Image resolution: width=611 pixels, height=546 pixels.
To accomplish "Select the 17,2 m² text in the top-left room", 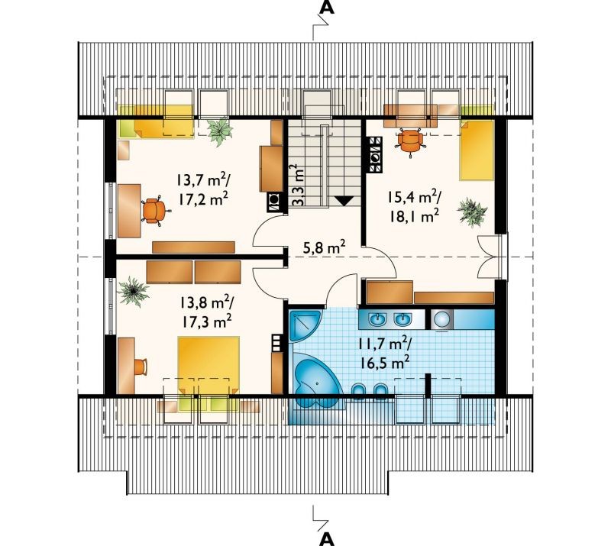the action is [203, 199].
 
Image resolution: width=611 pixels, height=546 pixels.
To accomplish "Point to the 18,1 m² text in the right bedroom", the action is [415, 215].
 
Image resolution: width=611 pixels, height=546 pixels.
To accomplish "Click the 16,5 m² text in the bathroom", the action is [384, 363].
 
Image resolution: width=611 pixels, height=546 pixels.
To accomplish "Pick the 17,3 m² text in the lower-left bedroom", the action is [206, 321].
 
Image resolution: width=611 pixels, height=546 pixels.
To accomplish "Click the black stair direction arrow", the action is [344, 200].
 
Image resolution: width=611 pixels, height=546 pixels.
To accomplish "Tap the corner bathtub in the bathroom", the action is [315, 380].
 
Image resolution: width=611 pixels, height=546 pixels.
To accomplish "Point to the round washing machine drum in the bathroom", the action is [442, 319].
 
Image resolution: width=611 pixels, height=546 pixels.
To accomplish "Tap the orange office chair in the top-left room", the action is [156, 211].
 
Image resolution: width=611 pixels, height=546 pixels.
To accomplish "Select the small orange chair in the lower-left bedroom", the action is [141, 367].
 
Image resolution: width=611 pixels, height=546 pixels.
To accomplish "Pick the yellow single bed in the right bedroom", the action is [477, 150].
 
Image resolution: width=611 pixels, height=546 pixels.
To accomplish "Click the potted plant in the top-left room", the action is [220, 131].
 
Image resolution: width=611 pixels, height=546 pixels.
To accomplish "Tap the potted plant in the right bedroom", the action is [472, 212].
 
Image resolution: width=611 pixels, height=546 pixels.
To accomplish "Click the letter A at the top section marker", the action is [327, 8].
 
